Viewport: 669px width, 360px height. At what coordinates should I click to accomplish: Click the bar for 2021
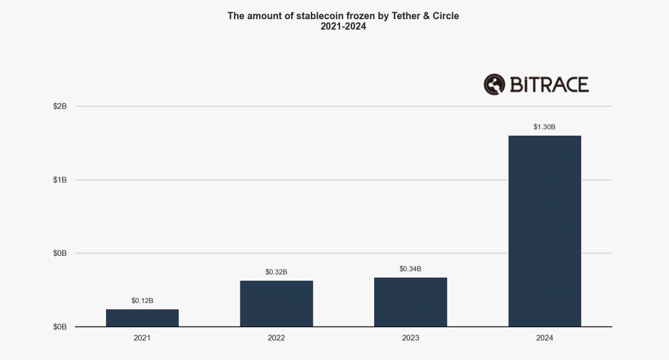click(142, 318)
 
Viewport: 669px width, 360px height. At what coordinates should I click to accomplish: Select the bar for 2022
click(276, 304)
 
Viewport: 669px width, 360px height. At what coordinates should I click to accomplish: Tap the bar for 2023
click(410, 302)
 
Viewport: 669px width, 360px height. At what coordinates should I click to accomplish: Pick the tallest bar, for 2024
click(544, 230)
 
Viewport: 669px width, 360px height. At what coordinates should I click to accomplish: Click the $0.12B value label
click(142, 301)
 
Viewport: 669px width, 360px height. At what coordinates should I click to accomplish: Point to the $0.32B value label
click(276, 272)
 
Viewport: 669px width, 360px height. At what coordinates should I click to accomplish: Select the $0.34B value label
click(410, 269)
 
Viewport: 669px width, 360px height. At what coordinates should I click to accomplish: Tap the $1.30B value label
click(544, 127)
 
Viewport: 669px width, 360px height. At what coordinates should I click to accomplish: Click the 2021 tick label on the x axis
click(142, 338)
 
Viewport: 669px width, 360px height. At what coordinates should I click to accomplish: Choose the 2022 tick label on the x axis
click(276, 338)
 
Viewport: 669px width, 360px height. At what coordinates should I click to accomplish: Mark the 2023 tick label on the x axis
click(410, 338)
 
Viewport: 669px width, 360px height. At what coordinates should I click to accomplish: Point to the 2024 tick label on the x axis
click(544, 338)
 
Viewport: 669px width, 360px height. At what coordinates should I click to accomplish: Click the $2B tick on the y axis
click(60, 107)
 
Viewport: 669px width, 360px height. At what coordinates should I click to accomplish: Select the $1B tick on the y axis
click(60, 180)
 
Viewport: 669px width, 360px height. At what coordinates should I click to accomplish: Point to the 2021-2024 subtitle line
click(343, 27)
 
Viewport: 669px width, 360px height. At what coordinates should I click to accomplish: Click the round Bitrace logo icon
click(494, 84)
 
